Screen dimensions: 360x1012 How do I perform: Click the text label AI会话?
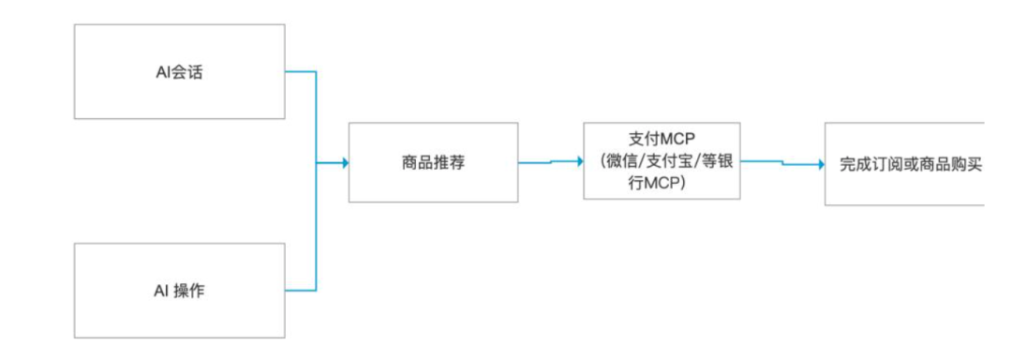[x=179, y=72]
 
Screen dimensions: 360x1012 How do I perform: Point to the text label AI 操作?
[x=179, y=291]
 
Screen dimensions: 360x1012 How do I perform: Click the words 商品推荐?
[x=432, y=162]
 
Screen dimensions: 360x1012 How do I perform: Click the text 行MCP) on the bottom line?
[x=660, y=183]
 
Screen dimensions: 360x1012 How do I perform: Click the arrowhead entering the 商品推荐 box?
[x=344, y=163]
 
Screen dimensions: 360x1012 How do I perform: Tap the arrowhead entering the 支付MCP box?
[x=578, y=160]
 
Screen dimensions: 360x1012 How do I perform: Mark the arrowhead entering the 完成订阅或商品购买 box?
[x=820, y=164]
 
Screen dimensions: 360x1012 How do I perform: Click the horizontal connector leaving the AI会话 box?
[x=300, y=71]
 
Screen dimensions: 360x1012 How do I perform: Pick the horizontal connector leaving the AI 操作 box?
[x=300, y=290]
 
